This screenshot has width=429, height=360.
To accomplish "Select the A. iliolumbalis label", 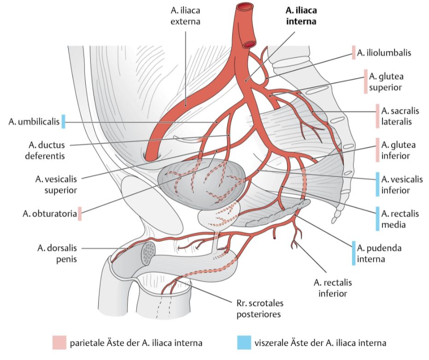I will [x=384, y=53].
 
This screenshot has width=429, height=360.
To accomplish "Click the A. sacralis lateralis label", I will [x=396, y=116].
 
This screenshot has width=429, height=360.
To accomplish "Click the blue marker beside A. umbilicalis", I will [x=64, y=122].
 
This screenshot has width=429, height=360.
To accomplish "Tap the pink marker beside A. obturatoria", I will [x=79, y=214].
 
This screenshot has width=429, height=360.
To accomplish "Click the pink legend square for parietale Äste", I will [x=60, y=343].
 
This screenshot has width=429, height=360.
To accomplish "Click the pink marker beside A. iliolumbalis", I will [x=354, y=53].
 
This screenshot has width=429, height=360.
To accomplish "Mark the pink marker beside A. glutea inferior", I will [x=378, y=150].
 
